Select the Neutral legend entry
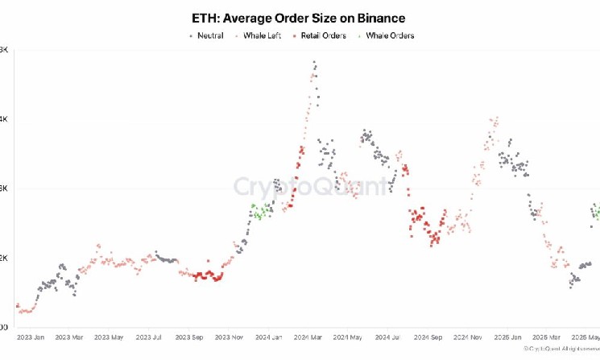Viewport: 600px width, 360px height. [x=209, y=35]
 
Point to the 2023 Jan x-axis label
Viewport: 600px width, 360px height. [x=31, y=337]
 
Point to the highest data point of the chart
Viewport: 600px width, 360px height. [x=314, y=62]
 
